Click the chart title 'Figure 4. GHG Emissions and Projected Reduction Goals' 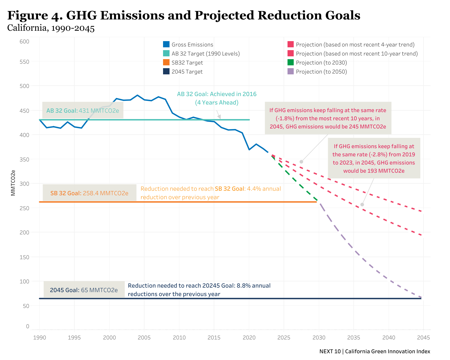(184, 15)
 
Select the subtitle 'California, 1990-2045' (51, 28)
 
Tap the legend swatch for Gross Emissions (166, 45)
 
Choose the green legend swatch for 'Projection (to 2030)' (291, 63)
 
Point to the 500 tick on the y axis (24, 86)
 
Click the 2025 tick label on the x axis (284, 337)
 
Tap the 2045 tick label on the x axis (423, 337)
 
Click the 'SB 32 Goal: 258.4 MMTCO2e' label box (89, 193)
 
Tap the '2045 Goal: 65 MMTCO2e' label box (84, 290)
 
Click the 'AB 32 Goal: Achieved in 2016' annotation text (217, 94)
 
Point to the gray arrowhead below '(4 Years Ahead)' (219, 117)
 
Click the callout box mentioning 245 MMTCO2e (328, 118)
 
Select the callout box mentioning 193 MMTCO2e (374, 158)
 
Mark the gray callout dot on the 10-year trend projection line (301, 162)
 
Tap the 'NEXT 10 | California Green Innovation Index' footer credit (375, 351)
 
